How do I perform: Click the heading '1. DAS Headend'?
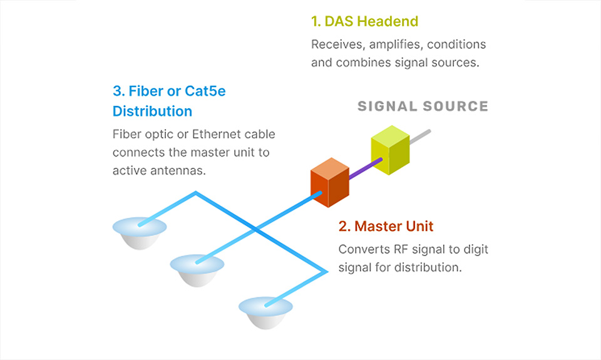(x=364, y=21)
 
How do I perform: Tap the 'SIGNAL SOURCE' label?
(x=423, y=106)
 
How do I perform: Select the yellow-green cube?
(x=390, y=150)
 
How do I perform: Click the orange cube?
(x=330, y=182)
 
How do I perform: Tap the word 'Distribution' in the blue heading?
(x=152, y=111)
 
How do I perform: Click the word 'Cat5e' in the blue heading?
(x=205, y=91)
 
